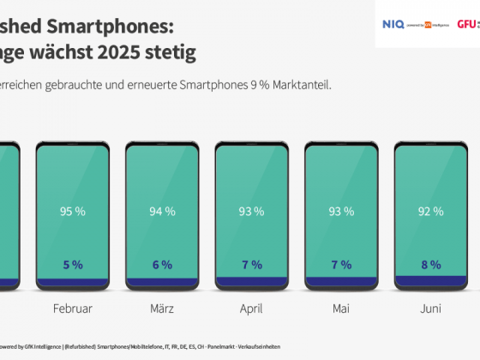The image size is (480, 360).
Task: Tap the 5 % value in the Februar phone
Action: [73, 265]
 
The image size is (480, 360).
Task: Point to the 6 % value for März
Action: [163, 265]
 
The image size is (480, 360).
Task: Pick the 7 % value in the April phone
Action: [252, 265]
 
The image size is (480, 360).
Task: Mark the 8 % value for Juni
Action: [431, 265]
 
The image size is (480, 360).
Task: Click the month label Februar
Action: [73, 309]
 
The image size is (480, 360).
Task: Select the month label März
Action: [163, 309]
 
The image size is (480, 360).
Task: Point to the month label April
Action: [252, 309]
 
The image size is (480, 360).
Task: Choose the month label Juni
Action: [431, 309]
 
